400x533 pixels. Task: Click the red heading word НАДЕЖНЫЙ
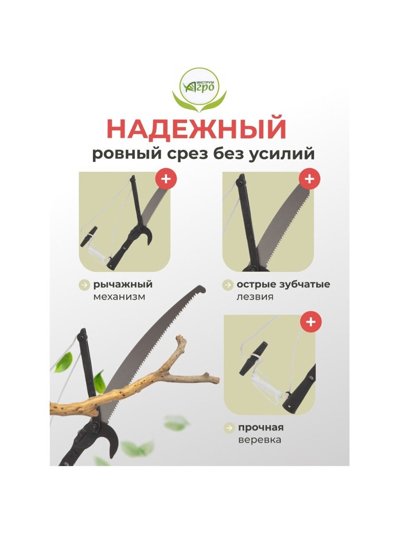tap(196, 128)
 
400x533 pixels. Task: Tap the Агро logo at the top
tap(200, 90)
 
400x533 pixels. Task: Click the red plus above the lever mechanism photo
tap(166, 179)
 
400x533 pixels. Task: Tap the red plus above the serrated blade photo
tap(310, 179)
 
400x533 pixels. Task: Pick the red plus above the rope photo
tap(311, 322)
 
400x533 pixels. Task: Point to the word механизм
tap(119, 297)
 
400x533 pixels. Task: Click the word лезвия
tap(255, 297)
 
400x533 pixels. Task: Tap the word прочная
tap(260, 428)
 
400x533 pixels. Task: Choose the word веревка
tap(260, 440)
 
